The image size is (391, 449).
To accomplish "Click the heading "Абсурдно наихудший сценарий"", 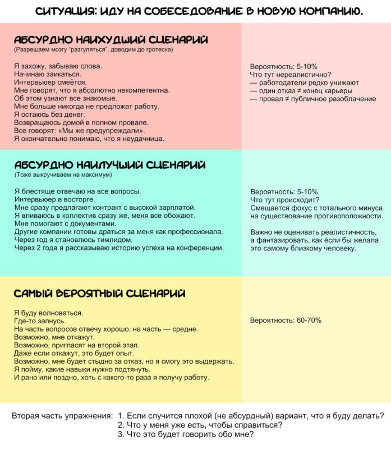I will click(x=111, y=40).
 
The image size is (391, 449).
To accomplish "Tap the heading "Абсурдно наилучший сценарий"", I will click(x=109, y=165).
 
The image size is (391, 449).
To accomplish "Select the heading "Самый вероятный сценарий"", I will click(x=99, y=294).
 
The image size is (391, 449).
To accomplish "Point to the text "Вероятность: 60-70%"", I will click(x=286, y=320).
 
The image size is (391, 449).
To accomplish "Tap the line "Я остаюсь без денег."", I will click(x=50, y=114).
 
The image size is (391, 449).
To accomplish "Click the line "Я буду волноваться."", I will click(x=48, y=313).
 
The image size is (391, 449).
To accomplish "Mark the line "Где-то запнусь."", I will click(x=40, y=320).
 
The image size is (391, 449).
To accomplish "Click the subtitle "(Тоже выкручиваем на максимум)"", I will click(x=63, y=175).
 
